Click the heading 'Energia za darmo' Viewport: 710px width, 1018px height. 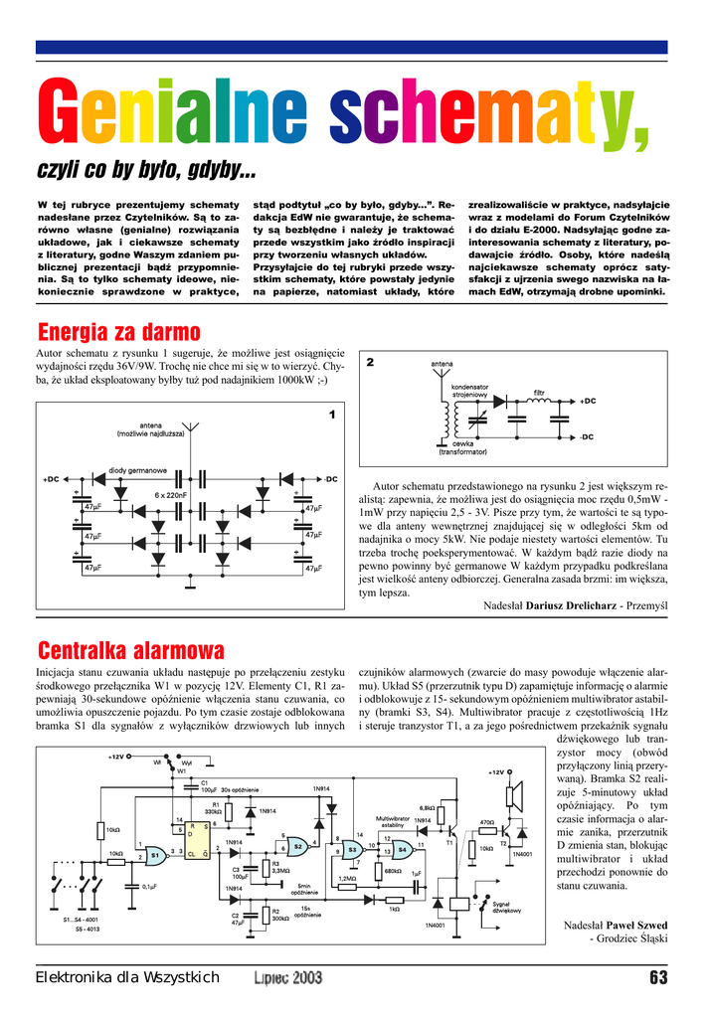(118, 331)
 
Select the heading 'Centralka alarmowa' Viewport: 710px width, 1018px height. (130, 651)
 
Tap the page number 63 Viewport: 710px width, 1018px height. (657, 976)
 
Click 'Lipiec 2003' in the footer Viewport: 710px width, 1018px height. (287, 977)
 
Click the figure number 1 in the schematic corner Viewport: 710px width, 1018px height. (332, 414)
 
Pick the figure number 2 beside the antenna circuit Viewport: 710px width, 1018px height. (370, 362)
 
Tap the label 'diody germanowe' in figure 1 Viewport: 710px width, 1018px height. (137, 469)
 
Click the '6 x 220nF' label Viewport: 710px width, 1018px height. (171, 494)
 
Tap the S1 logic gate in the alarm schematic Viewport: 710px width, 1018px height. (156, 855)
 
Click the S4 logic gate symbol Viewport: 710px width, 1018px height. (402, 850)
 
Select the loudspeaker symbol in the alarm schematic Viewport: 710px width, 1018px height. (515, 795)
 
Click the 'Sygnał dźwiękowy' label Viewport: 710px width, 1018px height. (507, 907)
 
